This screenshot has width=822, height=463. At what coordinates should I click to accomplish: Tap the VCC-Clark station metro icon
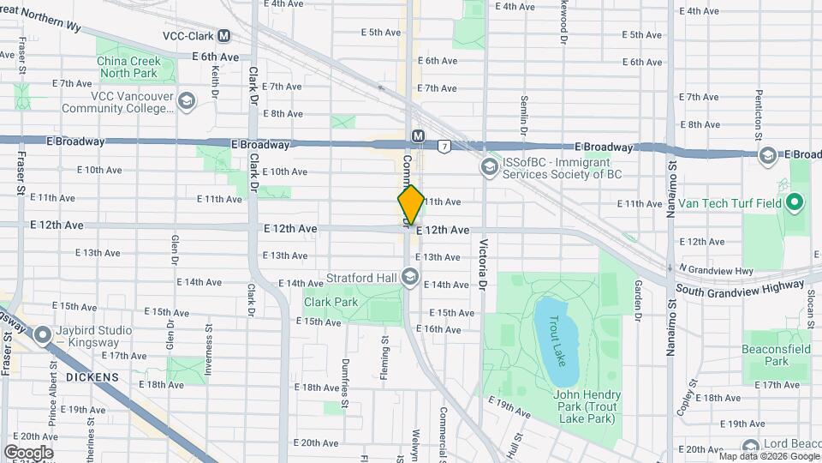pyautogui.click(x=223, y=36)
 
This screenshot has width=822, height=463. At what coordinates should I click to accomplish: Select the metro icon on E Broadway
pyautogui.click(x=418, y=136)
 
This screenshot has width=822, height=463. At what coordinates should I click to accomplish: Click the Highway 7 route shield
pyautogui.click(x=444, y=147)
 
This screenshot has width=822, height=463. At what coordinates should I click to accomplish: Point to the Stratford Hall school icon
pyautogui.click(x=410, y=276)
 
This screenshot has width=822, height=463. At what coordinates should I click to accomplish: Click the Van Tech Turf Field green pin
pyautogui.click(x=794, y=204)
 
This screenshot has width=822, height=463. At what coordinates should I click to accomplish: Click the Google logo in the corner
pyautogui.click(x=28, y=452)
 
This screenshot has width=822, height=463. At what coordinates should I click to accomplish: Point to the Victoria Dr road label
pyautogui.click(x=484, y=262)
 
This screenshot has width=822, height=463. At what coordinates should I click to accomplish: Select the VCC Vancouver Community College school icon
pyautogui.click(x=185, y=102)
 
